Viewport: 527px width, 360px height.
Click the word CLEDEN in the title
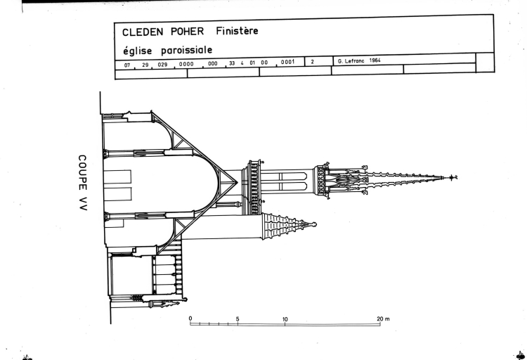pyautogui.click(x=141, y=32)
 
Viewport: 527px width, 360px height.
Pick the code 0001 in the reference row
pyautogui.click(x=287, y=62)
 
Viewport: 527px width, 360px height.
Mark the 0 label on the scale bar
pyautogui.click(x=190, y=318)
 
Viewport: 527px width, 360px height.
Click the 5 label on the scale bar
pyautogui.click(x=238, y=318)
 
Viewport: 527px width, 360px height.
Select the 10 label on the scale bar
pyautogui.click(x=285, y=318)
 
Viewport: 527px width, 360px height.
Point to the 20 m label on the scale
pyautogui.click(x=382, y=319)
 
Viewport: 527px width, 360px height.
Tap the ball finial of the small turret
pyautogui.click(x=314, y=225)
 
